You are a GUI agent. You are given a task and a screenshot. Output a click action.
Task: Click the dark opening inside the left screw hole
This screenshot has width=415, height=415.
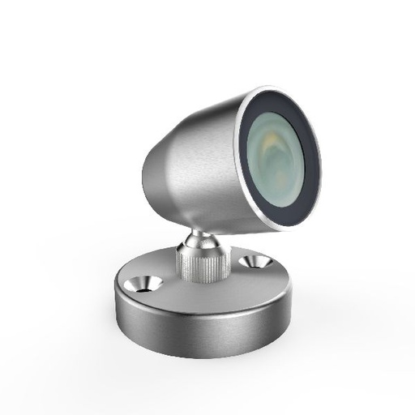[147, 285]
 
